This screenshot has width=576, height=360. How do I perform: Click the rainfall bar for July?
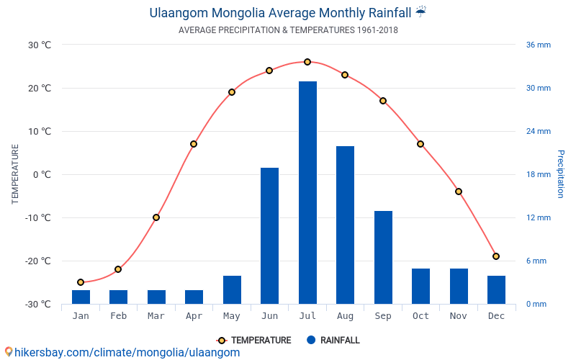tap(307, 192)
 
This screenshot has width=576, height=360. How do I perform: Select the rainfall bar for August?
tap(345, 225)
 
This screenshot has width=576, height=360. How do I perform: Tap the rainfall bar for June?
tap(269, 235)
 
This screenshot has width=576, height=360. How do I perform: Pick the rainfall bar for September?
tap(383, 257)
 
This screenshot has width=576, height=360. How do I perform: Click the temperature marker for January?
tap(81, 282)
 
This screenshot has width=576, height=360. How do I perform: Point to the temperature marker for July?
tap(307, 62)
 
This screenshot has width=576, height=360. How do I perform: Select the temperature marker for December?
tap(496, 256)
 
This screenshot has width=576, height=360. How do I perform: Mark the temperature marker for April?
tap(194, 144)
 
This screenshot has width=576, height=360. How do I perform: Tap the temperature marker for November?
tap(458, 192)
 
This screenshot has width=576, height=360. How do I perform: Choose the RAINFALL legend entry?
tap(332, 341)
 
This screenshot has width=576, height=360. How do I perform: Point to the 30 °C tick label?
tap(40, 45)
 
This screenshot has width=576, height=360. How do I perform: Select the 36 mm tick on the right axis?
tap(538, 45)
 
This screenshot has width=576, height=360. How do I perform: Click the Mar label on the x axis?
tap(156, 316)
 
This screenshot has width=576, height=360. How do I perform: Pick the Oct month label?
tap(420, 316)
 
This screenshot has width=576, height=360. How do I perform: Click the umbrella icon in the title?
tap(420, 12)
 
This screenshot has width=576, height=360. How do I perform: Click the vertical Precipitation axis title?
tap(561, 174)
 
